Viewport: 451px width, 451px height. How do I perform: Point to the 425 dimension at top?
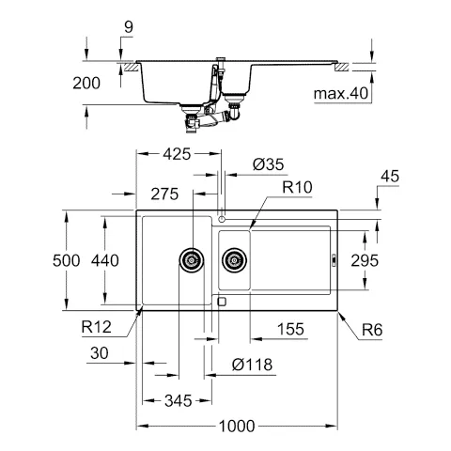178,153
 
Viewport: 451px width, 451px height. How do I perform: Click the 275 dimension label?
163,194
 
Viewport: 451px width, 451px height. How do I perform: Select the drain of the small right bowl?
233,259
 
